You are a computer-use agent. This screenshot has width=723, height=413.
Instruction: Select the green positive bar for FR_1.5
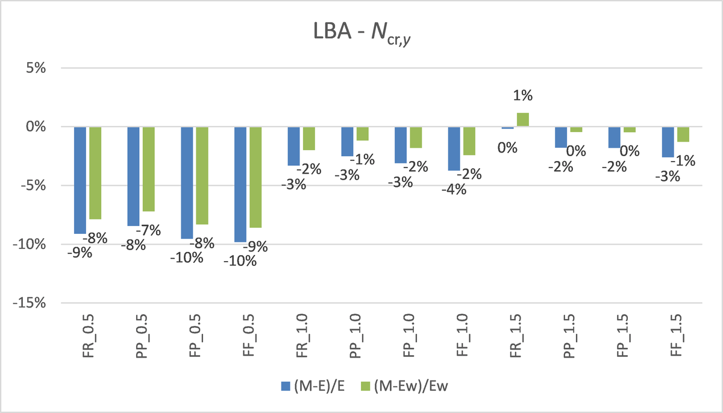coord(523,119)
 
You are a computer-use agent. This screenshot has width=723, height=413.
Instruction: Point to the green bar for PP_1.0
coord(363,134)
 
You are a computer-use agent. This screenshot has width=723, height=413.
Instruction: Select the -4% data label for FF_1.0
coord(454,189)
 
